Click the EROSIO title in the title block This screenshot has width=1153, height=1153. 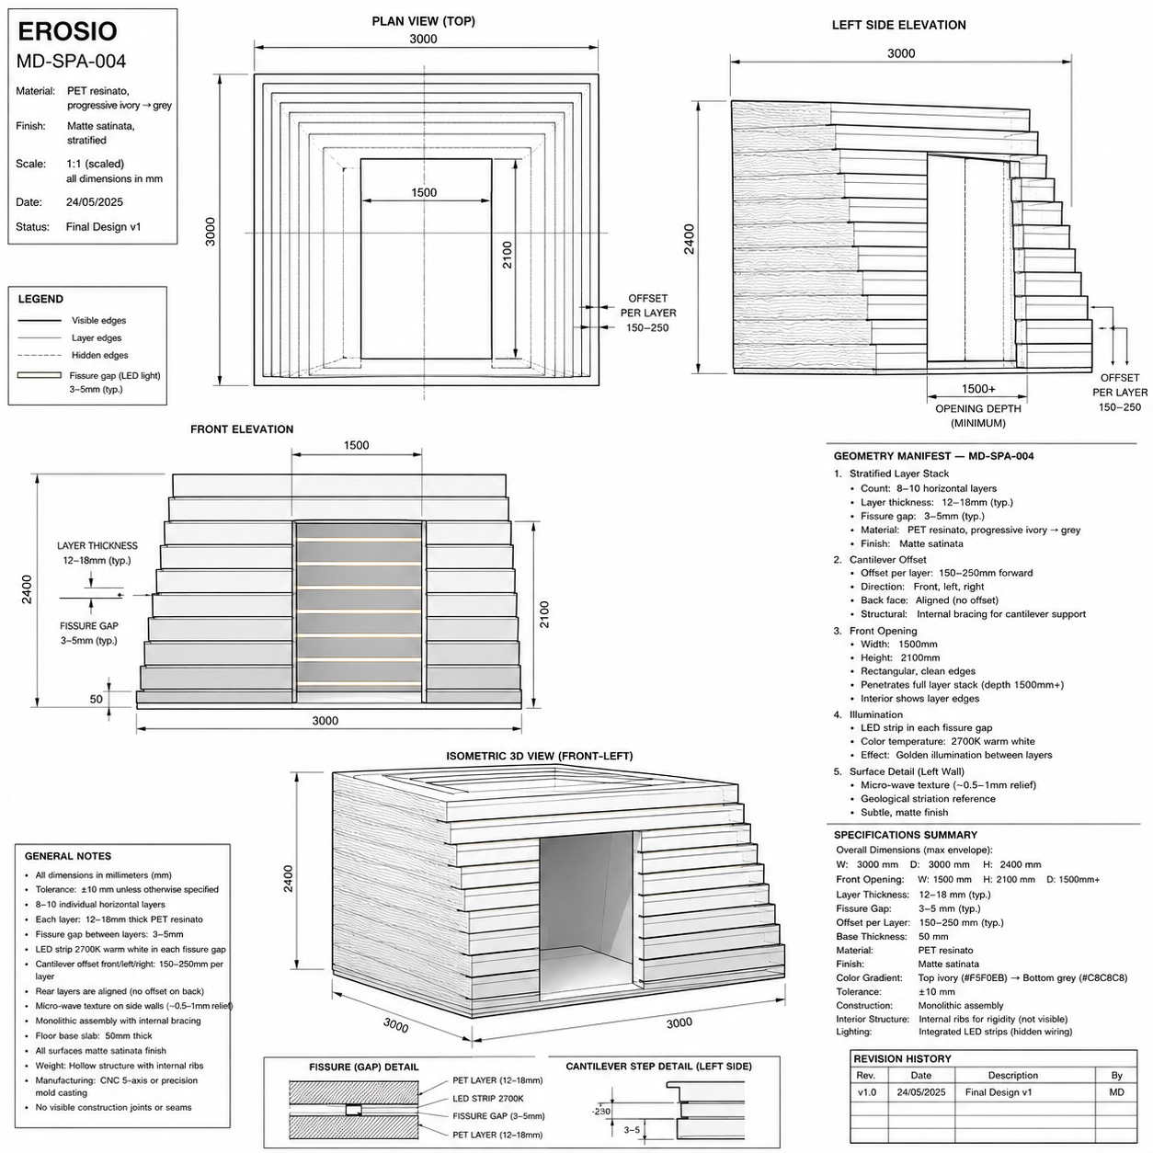coord(67,31)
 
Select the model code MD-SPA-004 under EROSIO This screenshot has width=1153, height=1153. coord(71,61)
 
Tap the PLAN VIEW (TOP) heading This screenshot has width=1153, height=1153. coord(424,21)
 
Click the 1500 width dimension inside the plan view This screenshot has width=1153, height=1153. coord(424,192)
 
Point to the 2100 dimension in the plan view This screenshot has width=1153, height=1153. coord(508,255)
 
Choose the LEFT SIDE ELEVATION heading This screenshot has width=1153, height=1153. coord(898,25)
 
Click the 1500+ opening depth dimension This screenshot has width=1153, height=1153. coord(978,389)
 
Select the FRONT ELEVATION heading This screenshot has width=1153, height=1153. coord(242,429)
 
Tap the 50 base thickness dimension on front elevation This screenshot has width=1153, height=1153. coord(97,699)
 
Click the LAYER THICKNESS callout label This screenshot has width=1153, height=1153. coord(97,545)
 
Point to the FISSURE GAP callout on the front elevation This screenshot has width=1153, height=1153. coord(89,626)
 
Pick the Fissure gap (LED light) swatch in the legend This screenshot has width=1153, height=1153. coord(40,375)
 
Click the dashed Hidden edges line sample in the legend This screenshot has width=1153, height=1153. coord(40,356)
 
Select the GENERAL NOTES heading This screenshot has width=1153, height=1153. coord(68,856)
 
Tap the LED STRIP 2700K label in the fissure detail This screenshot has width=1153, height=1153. coord(487,1099)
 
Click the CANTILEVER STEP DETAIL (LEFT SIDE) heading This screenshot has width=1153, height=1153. coord(658,1067)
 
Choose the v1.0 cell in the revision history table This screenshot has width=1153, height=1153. coord(867,1092)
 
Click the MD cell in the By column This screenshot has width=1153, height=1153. coord(1116,1092)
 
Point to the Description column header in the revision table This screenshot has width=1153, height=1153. coord(1013,1075)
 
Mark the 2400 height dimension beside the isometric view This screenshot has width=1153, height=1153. coord(289,878)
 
